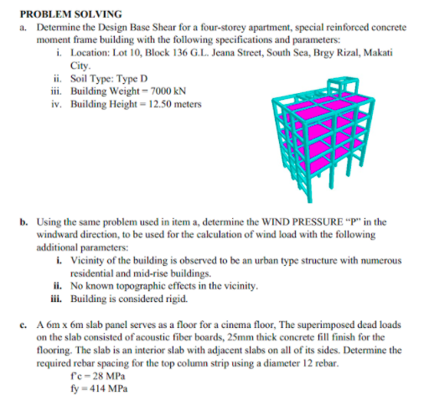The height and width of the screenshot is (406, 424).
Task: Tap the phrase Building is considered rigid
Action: tap(125, 298)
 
